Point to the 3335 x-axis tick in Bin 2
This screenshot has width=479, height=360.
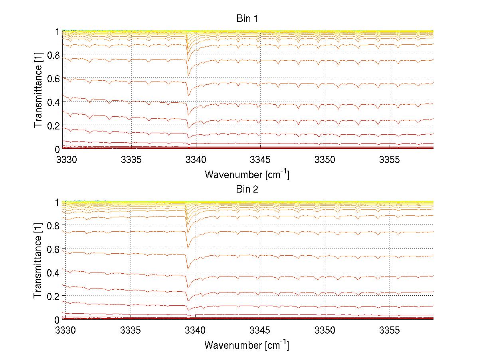click(131, 330)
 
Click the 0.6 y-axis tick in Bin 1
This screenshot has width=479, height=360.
click(54, 78)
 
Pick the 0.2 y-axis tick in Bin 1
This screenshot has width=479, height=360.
click(54, 125)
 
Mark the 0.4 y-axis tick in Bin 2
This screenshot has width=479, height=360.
click(54, 272)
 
